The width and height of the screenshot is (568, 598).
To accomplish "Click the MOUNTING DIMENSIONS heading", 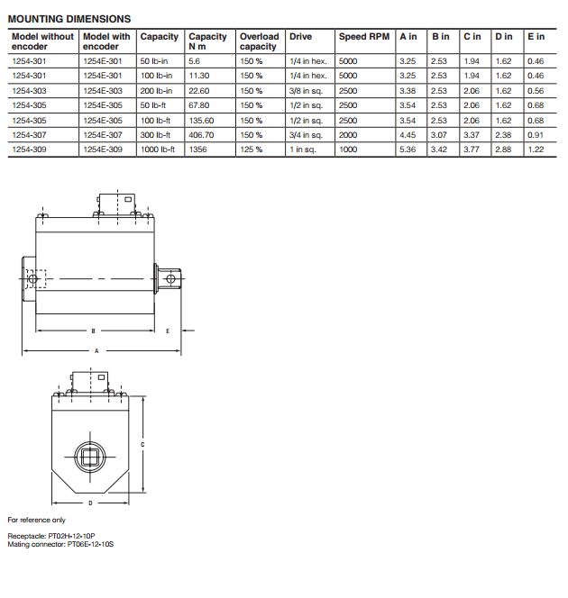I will tap(69, 19).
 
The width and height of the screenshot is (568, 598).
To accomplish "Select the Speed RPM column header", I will tap(363, 37).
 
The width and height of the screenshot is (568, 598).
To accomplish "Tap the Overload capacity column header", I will tap(259, 41).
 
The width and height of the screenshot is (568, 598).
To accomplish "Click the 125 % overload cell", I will tap(252, 149).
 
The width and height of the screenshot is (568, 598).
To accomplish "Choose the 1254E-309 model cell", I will tap(101, 149).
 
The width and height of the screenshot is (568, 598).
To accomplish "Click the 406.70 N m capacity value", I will tap(203, 134).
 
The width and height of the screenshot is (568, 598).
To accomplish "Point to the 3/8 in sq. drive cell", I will tap(307, 91).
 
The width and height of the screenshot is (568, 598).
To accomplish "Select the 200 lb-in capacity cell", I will tap(156, 91).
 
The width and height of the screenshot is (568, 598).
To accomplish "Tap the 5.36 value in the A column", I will tap(408, 149).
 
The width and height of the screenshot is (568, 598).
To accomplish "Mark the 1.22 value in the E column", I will tap(536, 149).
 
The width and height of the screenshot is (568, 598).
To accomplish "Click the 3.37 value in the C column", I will tap(472, 134).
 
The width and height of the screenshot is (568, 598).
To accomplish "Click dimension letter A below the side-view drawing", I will tap(96, 351).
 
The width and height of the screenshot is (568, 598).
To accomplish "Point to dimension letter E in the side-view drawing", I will tap(168, 331).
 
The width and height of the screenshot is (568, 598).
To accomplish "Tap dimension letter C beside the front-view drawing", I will tap(144, 444).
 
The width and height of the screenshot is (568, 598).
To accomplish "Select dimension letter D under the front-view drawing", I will tap(90, 502).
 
